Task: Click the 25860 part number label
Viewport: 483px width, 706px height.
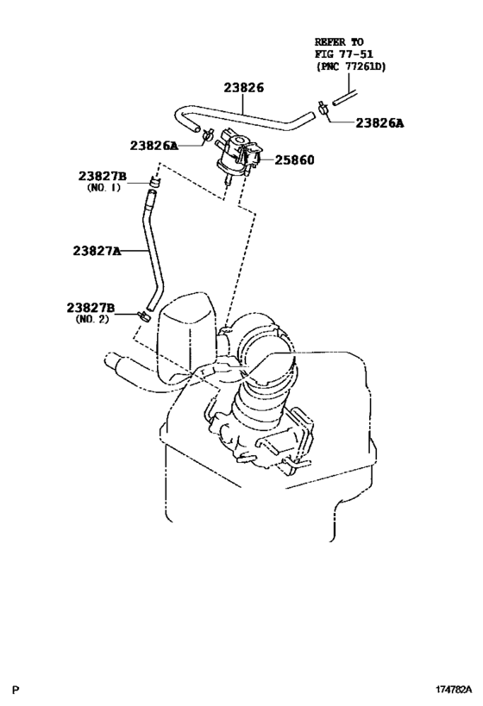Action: pos(294,160)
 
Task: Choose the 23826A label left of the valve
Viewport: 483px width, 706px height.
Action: pos(154,146)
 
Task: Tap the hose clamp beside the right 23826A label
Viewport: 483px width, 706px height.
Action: pos(320,109)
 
